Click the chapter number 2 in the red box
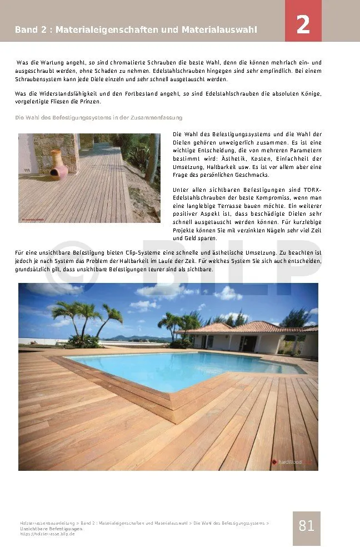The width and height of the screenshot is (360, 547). (x=303, y=25)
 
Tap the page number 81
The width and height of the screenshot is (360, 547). (x=306, y=526)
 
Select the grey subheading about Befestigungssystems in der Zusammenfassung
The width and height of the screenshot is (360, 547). (x=98, y=118)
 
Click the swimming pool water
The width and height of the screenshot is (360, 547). (x=183, y=367)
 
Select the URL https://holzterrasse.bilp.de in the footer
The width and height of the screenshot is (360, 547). (x=47, y=534)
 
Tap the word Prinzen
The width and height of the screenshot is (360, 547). (x=90, y=102)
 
